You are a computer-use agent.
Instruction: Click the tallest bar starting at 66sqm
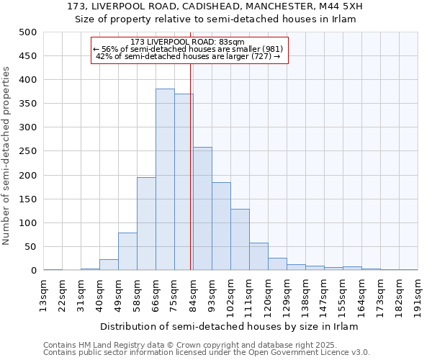pos(165,180)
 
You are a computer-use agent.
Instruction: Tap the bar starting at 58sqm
pos(146,224)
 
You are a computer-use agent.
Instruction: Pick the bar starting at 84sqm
pos(202,209)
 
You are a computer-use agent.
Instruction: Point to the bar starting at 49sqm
pos(127,252)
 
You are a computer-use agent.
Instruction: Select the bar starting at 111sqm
pos(258,257)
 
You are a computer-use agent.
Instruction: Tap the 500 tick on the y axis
pos(27,32)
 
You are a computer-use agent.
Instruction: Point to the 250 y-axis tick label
pos(27,151)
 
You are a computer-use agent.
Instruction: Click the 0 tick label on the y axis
pos(33,271)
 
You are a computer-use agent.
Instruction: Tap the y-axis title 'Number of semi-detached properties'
pos(7,156)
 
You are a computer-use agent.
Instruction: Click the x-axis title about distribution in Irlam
pos(229,326)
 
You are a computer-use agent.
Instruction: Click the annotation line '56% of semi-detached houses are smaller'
pos(189,49)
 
